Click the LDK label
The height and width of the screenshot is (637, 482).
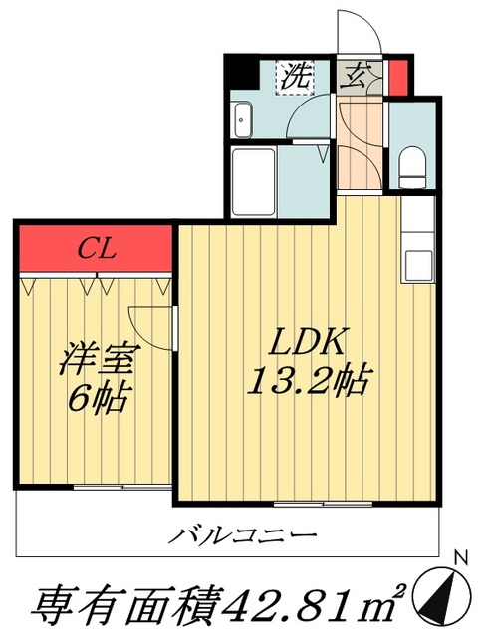309,343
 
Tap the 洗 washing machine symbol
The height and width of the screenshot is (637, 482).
296,74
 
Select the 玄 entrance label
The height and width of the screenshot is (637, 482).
356,76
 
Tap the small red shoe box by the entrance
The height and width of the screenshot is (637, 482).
398,76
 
